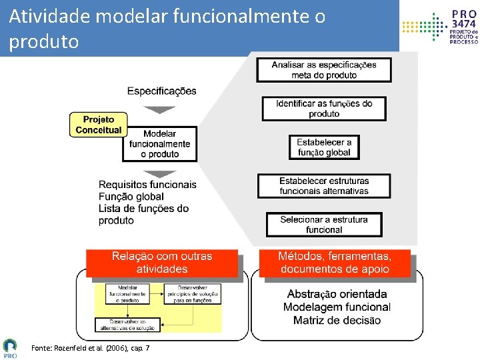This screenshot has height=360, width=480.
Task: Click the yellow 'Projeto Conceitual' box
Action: [x=98, y=125]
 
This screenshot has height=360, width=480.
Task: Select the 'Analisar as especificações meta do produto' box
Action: [x=324, y=70]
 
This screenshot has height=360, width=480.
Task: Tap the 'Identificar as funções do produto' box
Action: [x=324, y=109]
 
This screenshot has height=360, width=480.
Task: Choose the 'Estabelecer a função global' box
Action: [x=324, y=147]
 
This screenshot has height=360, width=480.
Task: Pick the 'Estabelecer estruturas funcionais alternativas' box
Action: [x=324, y=186]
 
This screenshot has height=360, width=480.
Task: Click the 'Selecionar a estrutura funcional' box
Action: [x=324, y=225]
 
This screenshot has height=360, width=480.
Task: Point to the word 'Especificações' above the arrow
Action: [x=161, y=91]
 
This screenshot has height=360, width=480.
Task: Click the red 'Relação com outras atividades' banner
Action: [x=162, y=263]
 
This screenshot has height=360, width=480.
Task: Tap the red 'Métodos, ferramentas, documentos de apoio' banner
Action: [x=335, y=263]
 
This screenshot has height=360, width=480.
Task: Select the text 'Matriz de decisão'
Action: [x=337, y=321]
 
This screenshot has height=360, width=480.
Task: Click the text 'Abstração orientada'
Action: [x=337, y=294]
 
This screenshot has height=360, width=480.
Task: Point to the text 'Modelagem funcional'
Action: [x=337, y=307]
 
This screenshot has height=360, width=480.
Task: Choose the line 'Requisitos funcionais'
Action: [x=147, y=185]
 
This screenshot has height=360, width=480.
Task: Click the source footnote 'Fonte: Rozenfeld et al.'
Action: [x=90, y=348]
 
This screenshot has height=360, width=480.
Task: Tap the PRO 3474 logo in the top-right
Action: [x=440, y=27]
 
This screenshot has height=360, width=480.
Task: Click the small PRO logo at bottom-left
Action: [x=11, y=347]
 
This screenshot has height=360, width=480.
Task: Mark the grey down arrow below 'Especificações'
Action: [x=159, y=109]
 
